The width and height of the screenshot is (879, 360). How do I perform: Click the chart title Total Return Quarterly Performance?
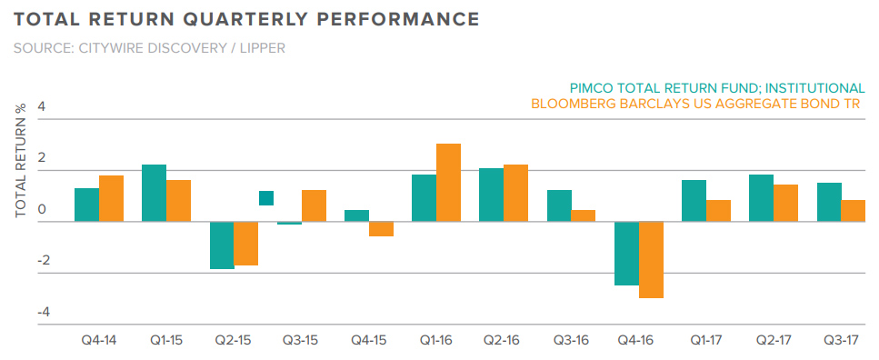click(x=246, y=18)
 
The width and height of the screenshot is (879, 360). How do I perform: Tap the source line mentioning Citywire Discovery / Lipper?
click(x=149, y=47)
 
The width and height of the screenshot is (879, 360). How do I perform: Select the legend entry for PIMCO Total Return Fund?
click(x=717, y=88)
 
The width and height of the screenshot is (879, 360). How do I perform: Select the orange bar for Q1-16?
click(x=448, y=183)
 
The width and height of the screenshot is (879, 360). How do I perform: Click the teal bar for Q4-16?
click(x=626, y=254)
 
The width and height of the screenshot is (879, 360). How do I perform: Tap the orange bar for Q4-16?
click(x=651, y=260)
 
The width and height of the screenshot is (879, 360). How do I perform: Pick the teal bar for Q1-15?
click(x=154, y=193)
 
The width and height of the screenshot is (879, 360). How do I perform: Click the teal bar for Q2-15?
click(x=222, y=245)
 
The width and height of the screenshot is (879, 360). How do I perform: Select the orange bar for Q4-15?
click(x=381, y=229)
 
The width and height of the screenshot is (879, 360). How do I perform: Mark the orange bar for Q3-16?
click(x=584, y=216)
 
